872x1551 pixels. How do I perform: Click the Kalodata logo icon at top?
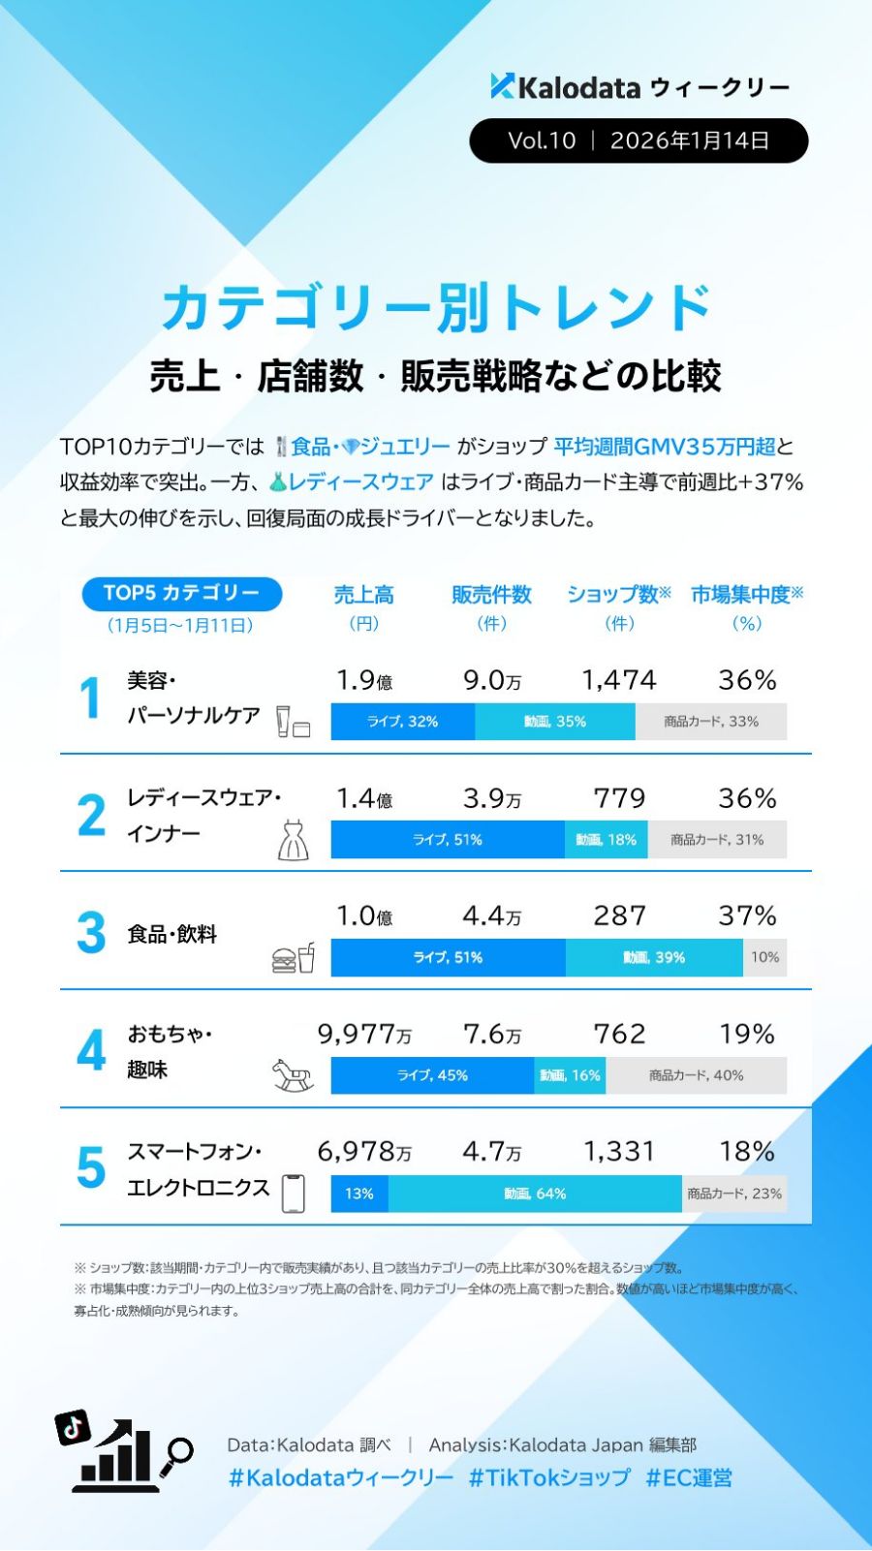502,86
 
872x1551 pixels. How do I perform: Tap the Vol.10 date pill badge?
638,140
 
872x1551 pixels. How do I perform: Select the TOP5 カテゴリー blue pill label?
180,593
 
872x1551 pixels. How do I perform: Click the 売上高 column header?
363,595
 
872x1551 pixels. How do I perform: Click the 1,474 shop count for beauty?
618,680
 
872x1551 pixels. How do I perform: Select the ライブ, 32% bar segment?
402,722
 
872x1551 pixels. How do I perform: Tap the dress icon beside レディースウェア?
293,840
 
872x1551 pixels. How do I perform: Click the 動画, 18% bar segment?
607,840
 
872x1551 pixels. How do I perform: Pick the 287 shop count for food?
619,915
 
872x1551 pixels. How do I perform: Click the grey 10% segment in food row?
764,957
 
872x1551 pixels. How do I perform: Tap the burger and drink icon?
293,958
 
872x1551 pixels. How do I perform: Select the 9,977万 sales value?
363,1035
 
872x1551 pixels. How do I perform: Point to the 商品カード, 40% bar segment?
696,1075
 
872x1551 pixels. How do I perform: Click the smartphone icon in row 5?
293,1193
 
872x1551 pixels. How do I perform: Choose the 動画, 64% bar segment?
535,1194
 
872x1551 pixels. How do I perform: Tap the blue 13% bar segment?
359,1194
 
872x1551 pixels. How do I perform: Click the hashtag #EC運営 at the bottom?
689,1478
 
